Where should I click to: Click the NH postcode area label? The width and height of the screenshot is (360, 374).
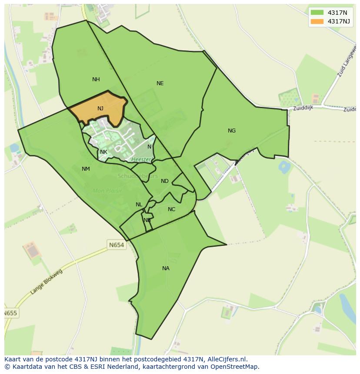point(96,79)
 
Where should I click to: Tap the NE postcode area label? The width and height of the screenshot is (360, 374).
point(160,83)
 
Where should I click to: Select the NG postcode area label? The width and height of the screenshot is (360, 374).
point(232,131)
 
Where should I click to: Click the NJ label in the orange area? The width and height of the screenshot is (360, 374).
point(100,109)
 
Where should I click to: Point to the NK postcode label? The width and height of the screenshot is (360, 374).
point(103,152)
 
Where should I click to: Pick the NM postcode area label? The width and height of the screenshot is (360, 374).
point(86,169)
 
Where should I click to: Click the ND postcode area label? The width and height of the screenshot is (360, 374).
point(165,181)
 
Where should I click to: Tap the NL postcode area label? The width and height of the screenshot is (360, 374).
point(139,205)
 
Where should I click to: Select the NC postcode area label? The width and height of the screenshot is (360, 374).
point(172,209)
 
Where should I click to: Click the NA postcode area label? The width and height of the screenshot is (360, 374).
point(166,268)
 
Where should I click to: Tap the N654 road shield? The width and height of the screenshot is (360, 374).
point(117,245)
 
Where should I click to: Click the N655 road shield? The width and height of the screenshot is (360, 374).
point(11,313)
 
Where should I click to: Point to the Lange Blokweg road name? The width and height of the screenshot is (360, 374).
point(47,282)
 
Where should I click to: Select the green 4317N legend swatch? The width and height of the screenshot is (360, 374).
point(317,13)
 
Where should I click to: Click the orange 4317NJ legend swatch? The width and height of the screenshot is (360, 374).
point(317,21)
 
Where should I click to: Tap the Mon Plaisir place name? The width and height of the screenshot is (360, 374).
point(107,191)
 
